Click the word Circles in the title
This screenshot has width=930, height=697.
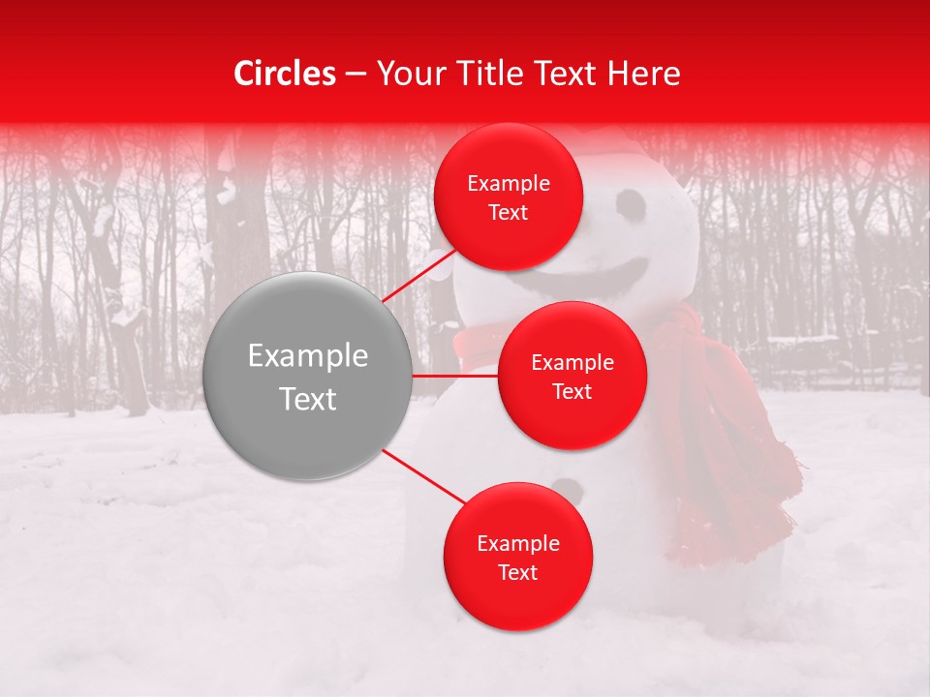[x=284, y=74]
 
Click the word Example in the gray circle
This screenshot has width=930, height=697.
[x=308, y=356]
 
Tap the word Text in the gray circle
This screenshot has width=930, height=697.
[x=308, y=399]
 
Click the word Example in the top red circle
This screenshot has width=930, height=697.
[x=509, y=183]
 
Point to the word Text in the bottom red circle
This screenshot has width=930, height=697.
[x=518, y=572]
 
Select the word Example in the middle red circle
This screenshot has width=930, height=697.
[x=573, y=362]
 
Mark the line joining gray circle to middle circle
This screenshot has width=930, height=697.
[x=455, y=376]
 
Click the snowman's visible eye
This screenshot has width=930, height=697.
[x=630, y=204]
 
